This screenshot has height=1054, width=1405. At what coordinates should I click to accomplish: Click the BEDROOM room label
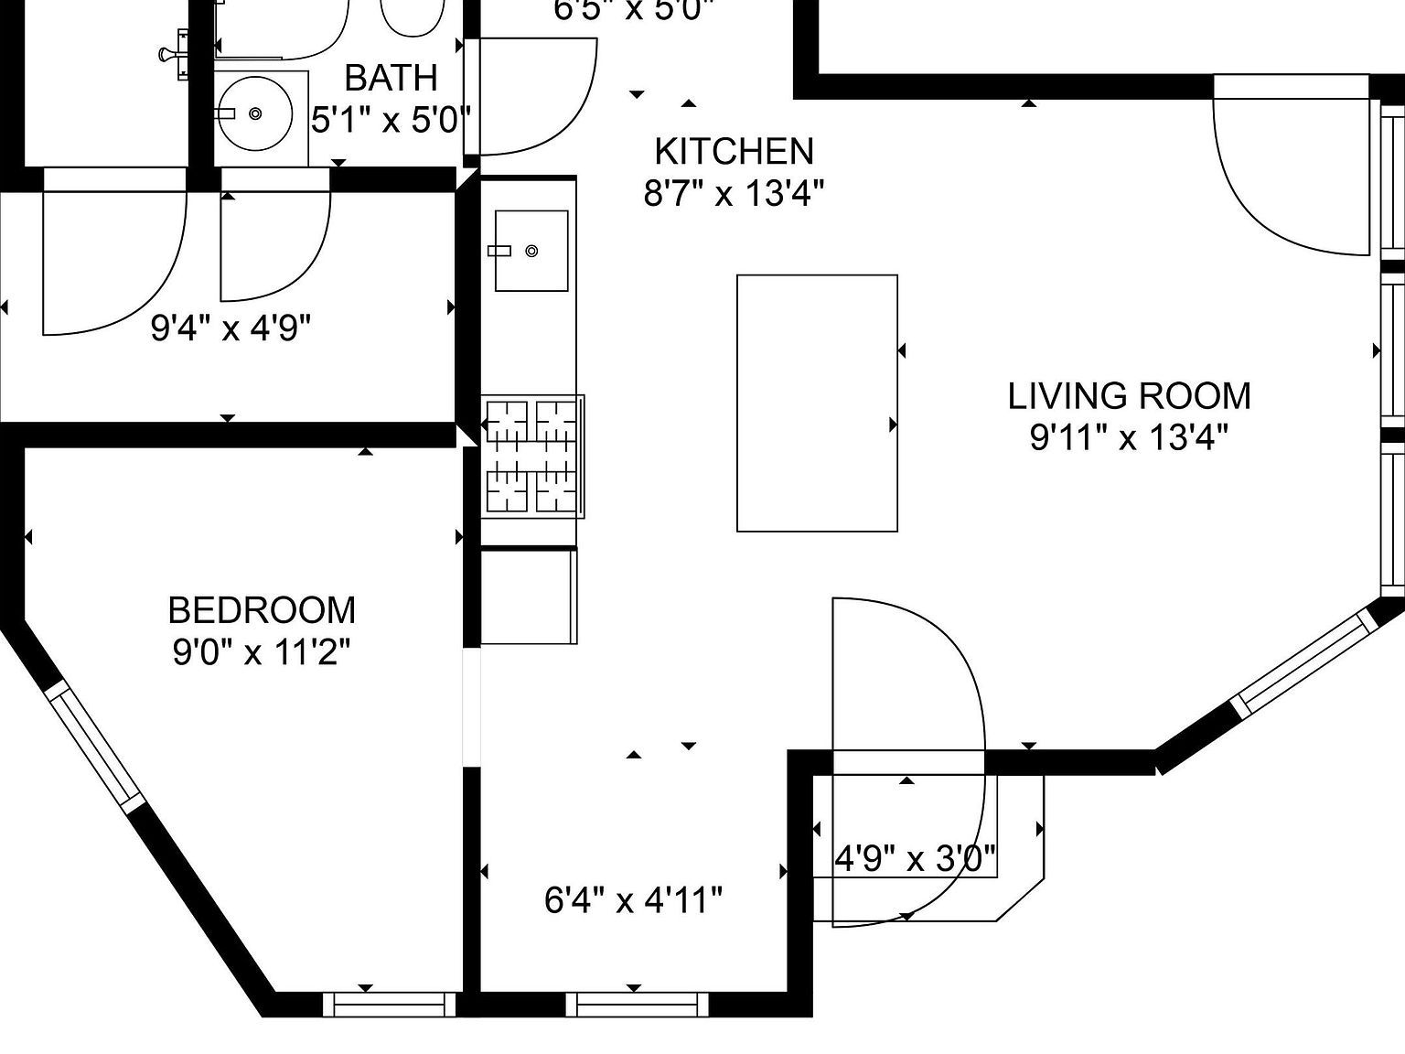(262, 610)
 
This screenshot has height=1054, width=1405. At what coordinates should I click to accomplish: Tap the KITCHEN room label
(734, 151)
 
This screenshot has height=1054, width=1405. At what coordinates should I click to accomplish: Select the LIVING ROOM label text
(1129, 396)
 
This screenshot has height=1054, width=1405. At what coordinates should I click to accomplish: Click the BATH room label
(391, 78)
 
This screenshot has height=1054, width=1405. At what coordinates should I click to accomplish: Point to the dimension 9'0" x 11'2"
(262, 653)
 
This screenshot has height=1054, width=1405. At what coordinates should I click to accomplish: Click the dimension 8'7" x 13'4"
(734, 194)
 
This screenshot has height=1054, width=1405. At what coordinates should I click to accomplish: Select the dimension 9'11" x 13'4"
(1129, 438)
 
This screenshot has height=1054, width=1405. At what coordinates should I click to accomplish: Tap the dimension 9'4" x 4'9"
(231, 327)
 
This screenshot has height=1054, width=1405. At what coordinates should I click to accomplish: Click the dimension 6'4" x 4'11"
(633, 900)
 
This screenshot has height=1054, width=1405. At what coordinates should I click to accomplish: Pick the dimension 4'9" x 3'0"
(915, 859)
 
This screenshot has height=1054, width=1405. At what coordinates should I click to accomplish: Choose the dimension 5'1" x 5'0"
(391, 120)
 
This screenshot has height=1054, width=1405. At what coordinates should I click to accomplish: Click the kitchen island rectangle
(817, 403)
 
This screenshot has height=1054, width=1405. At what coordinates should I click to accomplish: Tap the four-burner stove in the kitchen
(533, 456)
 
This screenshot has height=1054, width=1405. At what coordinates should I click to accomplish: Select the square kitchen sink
(531, 251)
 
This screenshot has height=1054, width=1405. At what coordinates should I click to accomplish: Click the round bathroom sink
(255, 113)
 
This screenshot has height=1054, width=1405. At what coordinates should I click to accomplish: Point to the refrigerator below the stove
(529, 596)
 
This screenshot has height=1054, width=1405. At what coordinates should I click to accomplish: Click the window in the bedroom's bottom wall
(390, 1005)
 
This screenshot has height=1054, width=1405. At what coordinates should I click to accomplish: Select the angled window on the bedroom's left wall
(94, 746)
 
